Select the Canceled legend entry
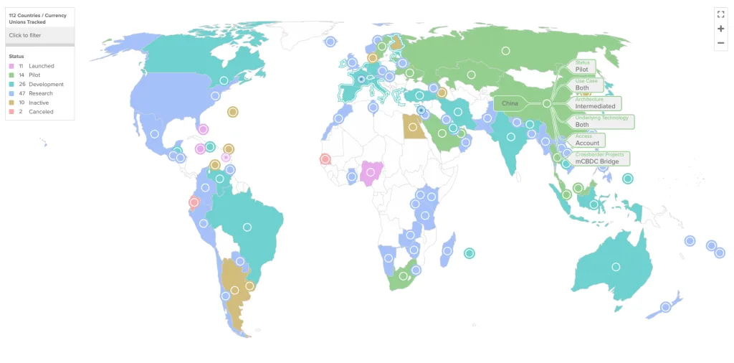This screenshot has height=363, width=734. (40, 112)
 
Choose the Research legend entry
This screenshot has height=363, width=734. (40, 93)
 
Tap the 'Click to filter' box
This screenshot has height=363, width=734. (39, 35)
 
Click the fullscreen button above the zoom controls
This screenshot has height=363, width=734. (720, 14)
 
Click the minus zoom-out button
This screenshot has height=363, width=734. (720, 43)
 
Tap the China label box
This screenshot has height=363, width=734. (510, 103)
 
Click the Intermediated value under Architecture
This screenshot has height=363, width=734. (595, 106)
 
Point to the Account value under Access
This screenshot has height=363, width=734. (587, 143)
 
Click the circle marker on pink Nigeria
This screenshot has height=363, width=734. (371, 172)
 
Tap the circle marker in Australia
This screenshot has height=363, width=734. (616, 267)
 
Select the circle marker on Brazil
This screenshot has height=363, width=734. (247, 227)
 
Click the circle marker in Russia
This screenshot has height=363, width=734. (506, 50)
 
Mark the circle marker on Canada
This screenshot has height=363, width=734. (224, 80)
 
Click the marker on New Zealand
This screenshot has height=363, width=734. (665, 307)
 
